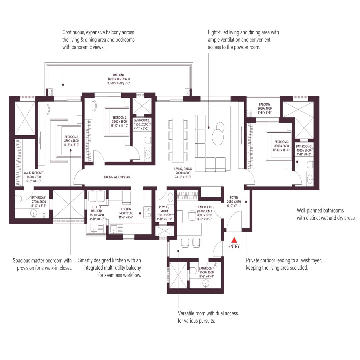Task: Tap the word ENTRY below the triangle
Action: (x=234, y=247)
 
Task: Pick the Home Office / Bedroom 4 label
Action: (x=204, y=213)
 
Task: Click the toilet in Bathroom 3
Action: (x=310, y=165)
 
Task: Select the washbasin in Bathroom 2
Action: (x=148, y=154)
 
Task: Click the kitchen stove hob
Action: (x=147, y=212)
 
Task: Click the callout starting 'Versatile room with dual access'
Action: (x=208, y=317)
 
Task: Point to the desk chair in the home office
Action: (x=192, y=216)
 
